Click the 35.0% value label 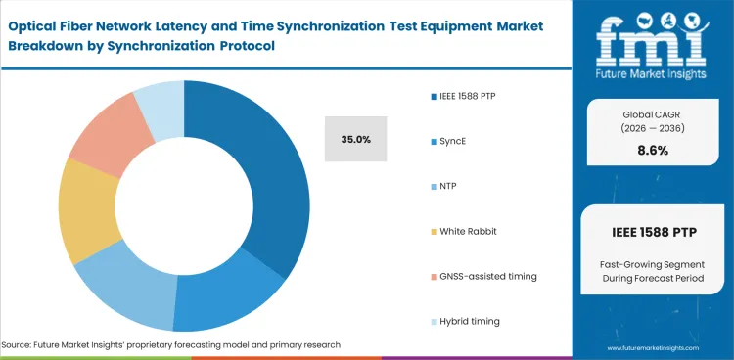(x=355, y=140)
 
